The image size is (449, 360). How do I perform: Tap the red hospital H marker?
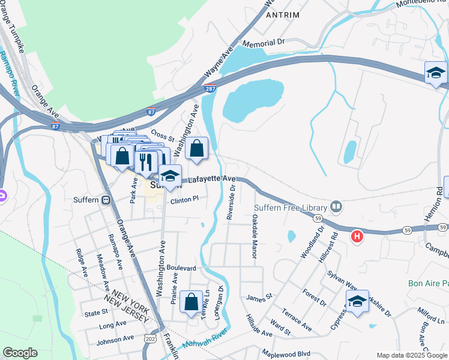pos(357,236)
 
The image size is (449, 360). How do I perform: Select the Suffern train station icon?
pos(106,200)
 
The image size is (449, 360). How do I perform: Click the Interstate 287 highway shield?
pos(209,89)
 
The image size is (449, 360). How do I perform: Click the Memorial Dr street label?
pos(263,43)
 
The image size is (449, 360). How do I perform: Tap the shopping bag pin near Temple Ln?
pos(191,303)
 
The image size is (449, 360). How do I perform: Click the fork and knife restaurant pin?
pos(146,161)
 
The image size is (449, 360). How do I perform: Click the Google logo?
pos(20,353)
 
